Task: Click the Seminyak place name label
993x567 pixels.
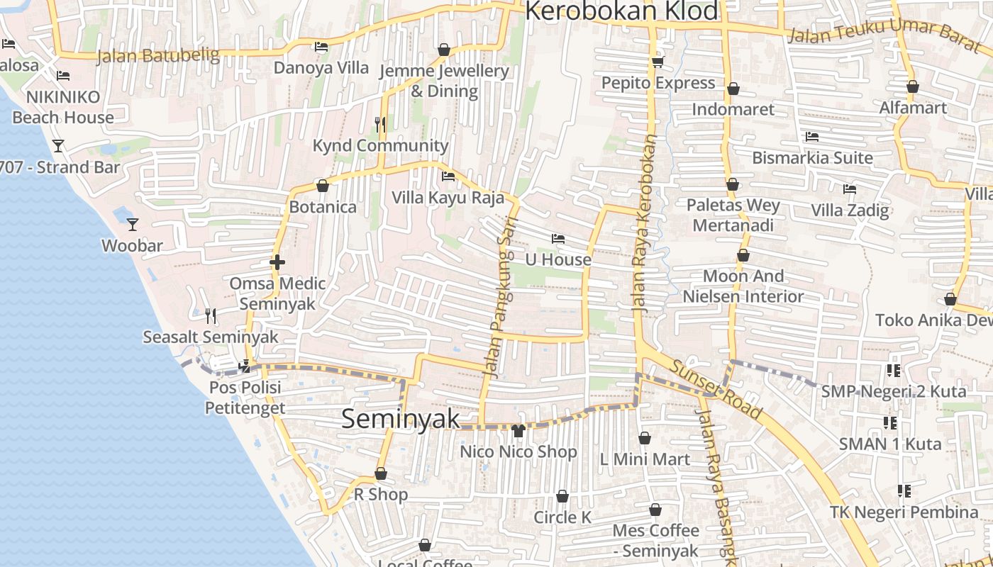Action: pos(401,419)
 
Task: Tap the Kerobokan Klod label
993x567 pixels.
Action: pos(621,11)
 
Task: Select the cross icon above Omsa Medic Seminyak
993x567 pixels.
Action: pos(277,262)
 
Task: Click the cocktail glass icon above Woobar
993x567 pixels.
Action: pos(133,225)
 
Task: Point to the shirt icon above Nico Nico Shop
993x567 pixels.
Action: pos(518,430)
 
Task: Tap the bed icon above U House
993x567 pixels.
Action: pos(558,239)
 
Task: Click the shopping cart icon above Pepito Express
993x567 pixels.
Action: pos(658,62)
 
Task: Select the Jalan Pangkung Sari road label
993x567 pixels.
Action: pos(499,298)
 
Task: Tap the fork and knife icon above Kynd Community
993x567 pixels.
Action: pos(380,125)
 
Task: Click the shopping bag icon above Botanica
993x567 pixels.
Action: pos(323,186)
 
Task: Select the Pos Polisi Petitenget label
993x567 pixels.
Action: pos(245,398)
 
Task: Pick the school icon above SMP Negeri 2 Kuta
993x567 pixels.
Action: pos(893,370)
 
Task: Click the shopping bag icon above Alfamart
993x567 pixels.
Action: pos(912,86)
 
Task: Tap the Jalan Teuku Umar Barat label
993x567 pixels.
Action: pos(884,35)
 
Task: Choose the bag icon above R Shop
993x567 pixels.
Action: pos(381,473)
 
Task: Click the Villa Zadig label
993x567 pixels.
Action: pos(850,210)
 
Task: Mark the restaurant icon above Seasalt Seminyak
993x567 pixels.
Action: pos(210,315)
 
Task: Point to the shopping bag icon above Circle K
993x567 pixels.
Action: pos(562,496)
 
